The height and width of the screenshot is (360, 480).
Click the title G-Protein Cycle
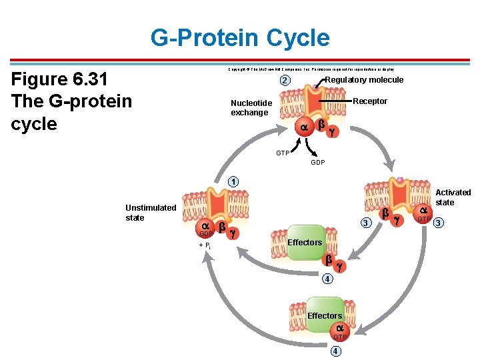[x=240, y=37]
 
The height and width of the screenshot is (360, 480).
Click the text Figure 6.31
[x=59, y=80]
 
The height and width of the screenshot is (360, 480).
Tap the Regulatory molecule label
[x=364, y=80]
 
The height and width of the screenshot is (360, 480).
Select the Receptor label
[x=370, y=101]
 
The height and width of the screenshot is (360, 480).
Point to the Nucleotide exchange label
[x=251, y=108]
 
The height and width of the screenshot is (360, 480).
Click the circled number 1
[x=232, y=181]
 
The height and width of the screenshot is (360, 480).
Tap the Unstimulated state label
[x=151, y=213]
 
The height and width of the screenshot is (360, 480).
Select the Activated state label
[x=453, y=197]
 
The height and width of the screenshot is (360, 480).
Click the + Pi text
[x=205, y=245]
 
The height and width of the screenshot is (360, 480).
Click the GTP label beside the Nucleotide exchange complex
[x=283, y=153]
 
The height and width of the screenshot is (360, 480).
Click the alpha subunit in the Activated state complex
[x=423, y=211]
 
